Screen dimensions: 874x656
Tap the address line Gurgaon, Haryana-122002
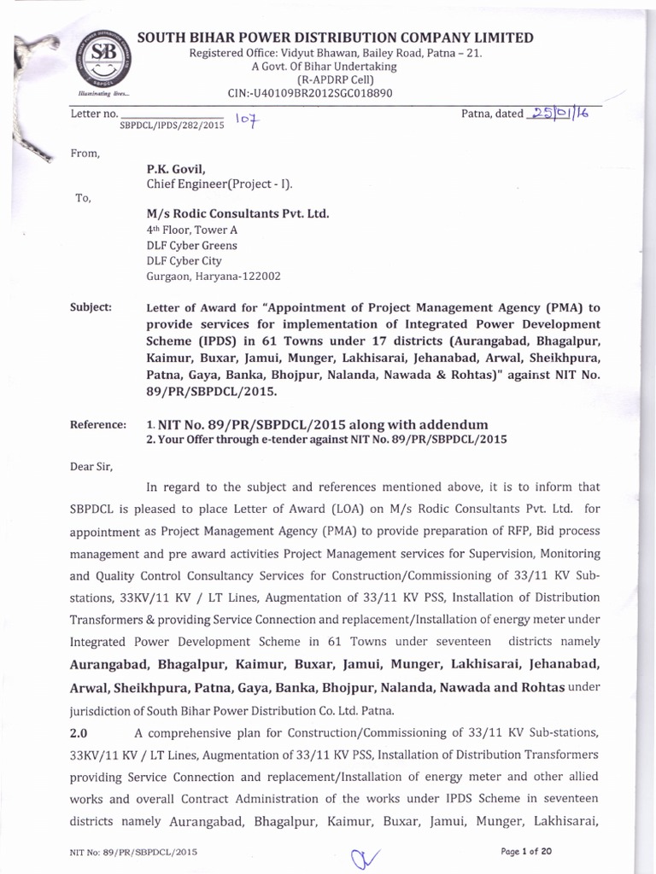pos(213,276)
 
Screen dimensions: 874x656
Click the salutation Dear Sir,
pos(91,467)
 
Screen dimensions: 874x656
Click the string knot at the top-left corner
pos(34,51)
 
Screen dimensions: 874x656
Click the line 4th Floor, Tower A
pos(192,230)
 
